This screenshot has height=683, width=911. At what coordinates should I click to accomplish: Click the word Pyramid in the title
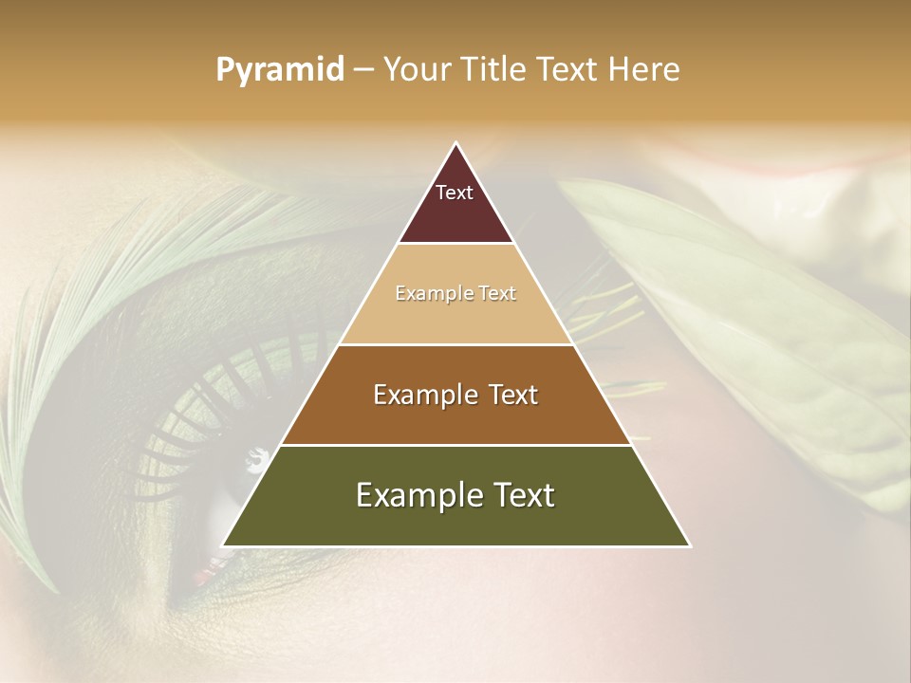click(x=280, y=70)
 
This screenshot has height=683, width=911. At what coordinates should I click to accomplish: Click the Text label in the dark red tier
click(x=455, y=193)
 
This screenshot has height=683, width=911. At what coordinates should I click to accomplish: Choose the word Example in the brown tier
click(x=421, y=395)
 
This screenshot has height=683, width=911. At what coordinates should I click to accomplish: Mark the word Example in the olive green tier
click(x=415, y=495)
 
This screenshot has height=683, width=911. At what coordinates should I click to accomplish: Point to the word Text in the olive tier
click(x=521, y=495)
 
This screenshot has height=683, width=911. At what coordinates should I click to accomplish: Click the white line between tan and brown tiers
click(x=455, y=344)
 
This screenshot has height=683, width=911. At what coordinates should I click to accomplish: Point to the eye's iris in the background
click(x=228, y=493)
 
